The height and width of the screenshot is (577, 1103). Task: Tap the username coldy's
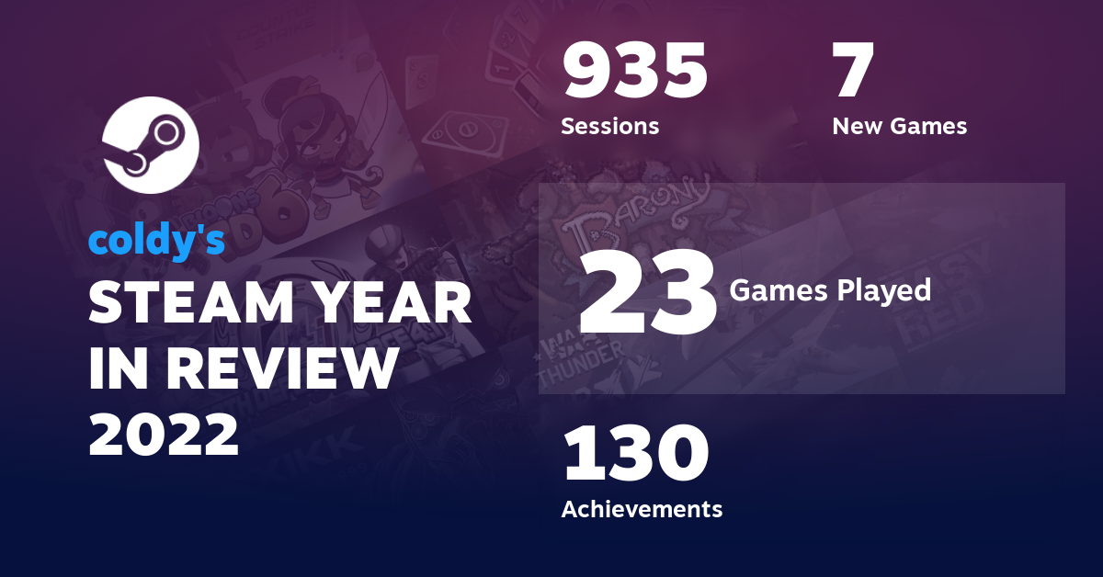[x=156, y=240]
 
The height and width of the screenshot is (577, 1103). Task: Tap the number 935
[x=635, y=73]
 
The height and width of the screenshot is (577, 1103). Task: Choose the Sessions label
[x=609, y=126]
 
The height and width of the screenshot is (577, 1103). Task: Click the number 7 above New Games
[x=852, y=73]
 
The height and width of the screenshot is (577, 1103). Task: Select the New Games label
[x=899, y=126]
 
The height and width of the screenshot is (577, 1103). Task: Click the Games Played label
[x=830, y=291]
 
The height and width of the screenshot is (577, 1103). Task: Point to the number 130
[x=635, y=454]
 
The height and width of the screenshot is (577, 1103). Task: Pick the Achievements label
[x=642, y=508]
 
